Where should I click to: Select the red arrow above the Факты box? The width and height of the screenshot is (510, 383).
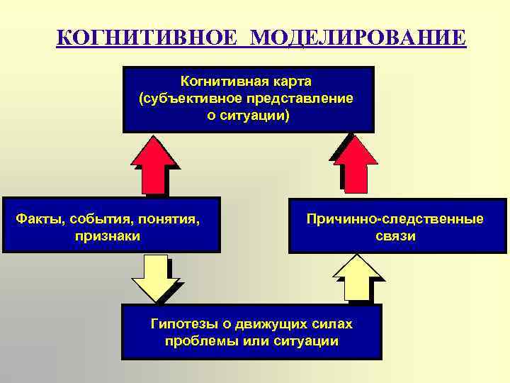157,165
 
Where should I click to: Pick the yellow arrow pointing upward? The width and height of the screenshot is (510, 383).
355,279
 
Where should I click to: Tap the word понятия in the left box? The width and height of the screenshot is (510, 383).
170,218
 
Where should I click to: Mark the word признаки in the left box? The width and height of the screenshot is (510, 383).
108,235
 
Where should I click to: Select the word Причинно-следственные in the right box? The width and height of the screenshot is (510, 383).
395,218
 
